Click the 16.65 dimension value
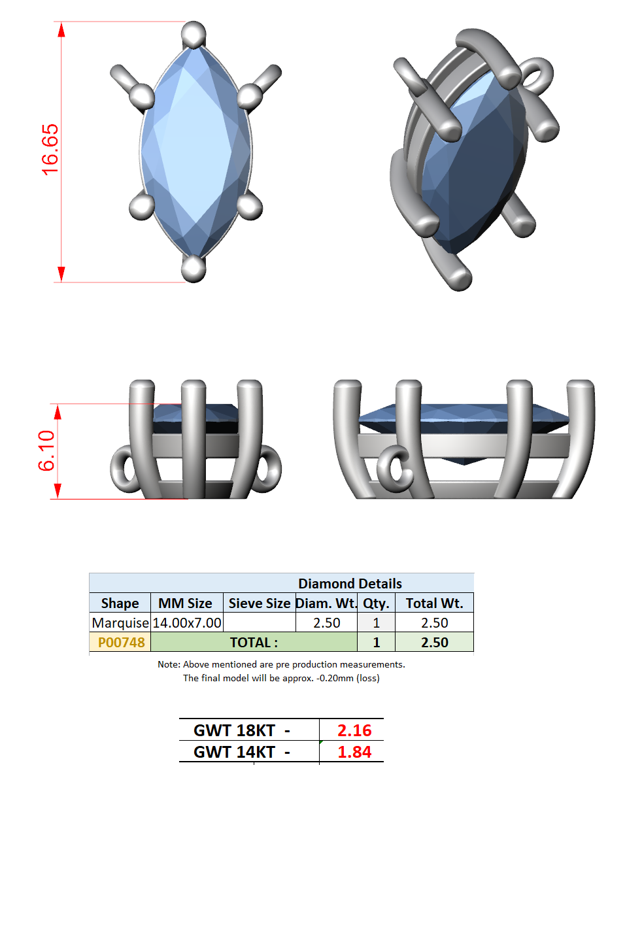(x=50, y=150)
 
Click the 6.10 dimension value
(x=46, y=450)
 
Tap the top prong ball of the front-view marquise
(x=194, y=34)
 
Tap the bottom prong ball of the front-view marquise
(x=194, y=269)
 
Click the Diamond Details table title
(x=350, y=584)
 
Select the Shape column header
(x=120, y=603)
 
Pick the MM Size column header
(x=185, y=603)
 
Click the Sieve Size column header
(x=260, y=603)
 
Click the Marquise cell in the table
(x=120, y=623)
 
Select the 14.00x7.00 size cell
(x=186, y=623)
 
